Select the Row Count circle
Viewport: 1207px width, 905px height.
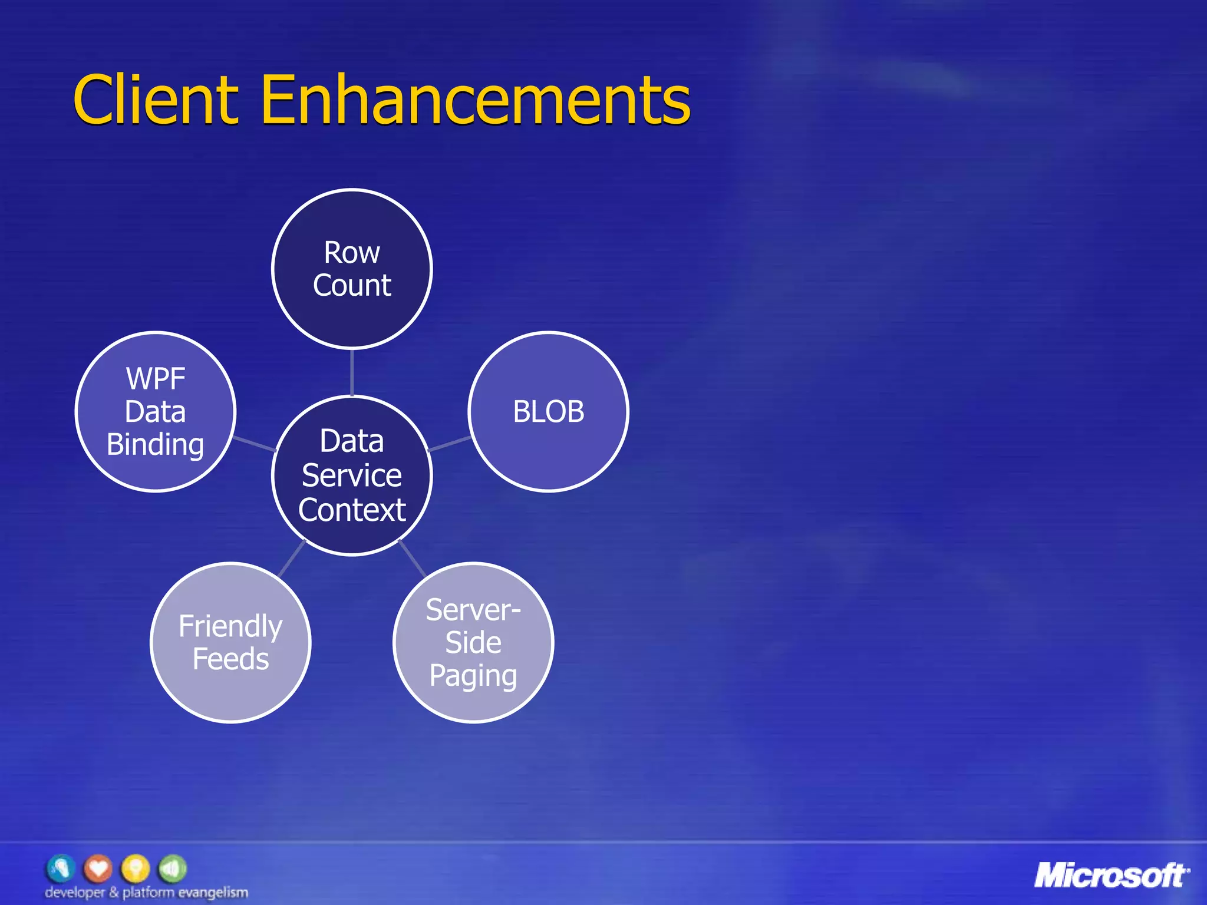point(352,269)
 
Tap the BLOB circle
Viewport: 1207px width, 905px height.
point(548,411)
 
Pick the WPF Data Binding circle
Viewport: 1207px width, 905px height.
point(156,411)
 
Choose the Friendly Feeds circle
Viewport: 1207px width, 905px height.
point(230,642)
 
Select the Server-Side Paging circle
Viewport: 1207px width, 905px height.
point(473,642)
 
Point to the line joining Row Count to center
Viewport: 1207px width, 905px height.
point(352,372)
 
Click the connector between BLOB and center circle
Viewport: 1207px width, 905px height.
point(449,444)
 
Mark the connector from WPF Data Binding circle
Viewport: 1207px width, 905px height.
point(255,444)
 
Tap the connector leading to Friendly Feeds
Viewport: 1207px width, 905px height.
point(291,558)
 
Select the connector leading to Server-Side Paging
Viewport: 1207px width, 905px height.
point(413,558)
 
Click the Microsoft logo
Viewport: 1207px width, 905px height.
point(1112,876)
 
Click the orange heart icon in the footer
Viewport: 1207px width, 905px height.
point(98,868)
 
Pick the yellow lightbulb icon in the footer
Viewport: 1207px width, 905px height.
point(136,868)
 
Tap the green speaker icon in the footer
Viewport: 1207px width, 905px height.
point(172,868)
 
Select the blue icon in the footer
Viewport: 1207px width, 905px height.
point(61,868)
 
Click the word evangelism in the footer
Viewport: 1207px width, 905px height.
point(213,893)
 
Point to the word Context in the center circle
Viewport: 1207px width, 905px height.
point(352,510)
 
